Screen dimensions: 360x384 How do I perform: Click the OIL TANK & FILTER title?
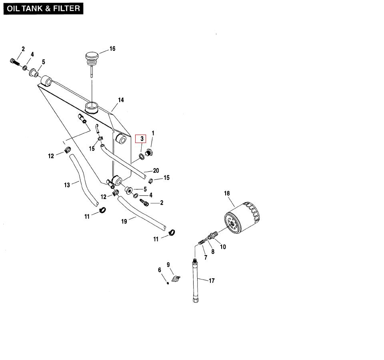coord(43,8)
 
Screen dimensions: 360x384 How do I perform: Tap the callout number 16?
coord(112,49)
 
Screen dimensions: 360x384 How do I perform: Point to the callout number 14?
coord(121,100)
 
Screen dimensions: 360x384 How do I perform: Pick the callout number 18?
coord(227,193)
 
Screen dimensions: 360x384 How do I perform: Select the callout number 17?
coord(212,281)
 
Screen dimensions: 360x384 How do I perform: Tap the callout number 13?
coord(67,185)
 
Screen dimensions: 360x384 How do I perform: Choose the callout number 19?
coord(124,221)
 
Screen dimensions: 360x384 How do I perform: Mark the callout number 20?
coord(156,171)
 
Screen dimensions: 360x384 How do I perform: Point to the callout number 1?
coord(153,133)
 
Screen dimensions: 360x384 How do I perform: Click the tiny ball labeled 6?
coord(168,283)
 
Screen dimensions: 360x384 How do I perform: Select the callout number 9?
coord(168,264)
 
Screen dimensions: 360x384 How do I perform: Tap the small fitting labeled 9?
coord(175,279)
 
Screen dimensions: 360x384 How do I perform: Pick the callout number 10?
coord(223,247)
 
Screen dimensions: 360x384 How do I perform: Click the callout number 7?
coord(206,257)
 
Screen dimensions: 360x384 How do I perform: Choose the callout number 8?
coord(213,252)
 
